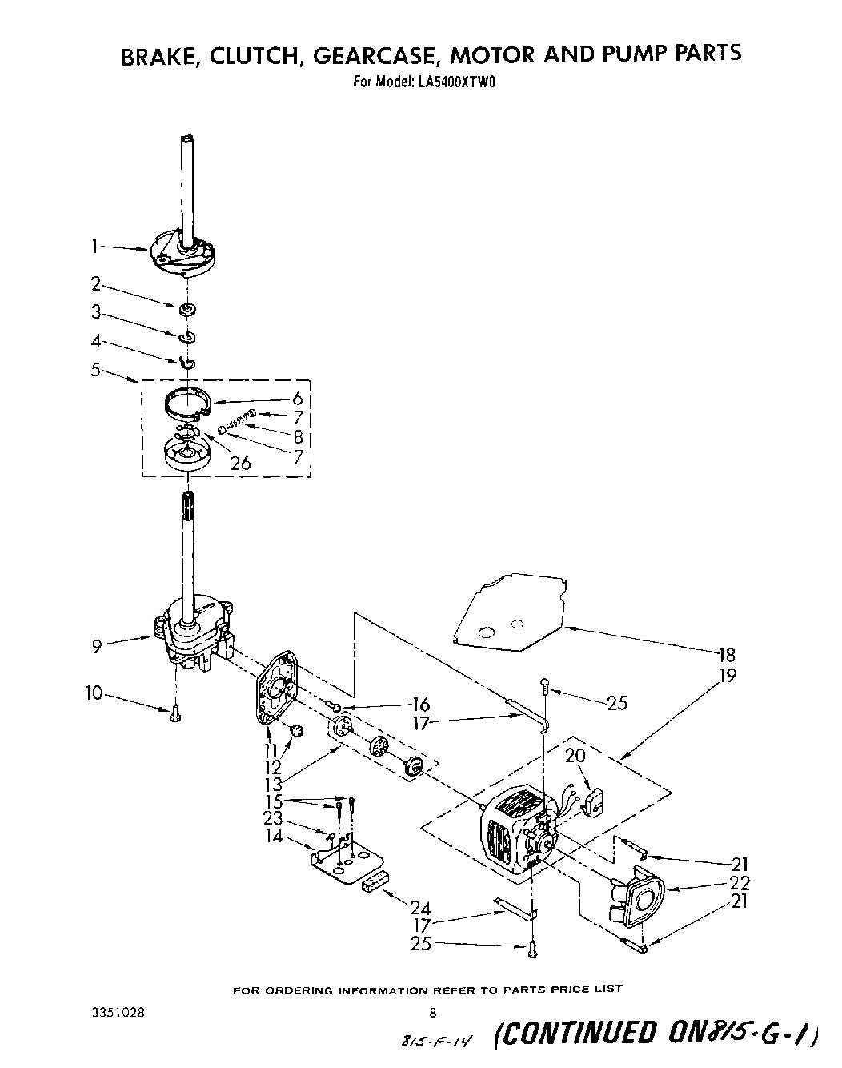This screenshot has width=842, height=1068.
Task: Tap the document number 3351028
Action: point(119,1011)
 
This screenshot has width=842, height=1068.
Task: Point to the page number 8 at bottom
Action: point(433,1012)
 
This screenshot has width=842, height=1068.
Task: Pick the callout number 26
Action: point(240,462)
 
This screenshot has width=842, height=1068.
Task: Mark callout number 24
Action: point(419,908)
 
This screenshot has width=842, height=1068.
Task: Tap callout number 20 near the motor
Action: point(575,755)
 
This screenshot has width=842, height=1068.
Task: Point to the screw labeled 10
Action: point(175,713)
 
